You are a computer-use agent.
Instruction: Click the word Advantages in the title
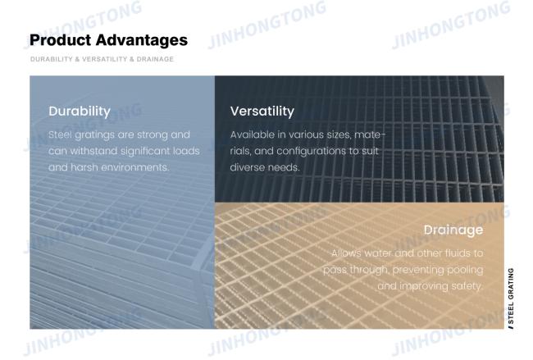pos(141,40)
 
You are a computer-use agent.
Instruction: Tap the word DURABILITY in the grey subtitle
pos(52,59)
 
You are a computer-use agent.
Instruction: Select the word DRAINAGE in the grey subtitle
pos(155,59)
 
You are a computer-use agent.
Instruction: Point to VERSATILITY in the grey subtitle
pos(105,59)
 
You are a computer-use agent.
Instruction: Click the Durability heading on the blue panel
pos(80,112)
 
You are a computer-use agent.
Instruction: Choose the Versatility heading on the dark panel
pos(262,112)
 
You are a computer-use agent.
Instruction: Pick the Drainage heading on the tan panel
pos(453,230)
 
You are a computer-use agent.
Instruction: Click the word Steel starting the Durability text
pos(60,134)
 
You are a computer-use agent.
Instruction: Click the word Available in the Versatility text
pos(253,134)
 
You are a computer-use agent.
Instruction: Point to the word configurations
pos(311,151)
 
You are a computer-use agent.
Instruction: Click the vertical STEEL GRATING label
pos(511,298)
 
